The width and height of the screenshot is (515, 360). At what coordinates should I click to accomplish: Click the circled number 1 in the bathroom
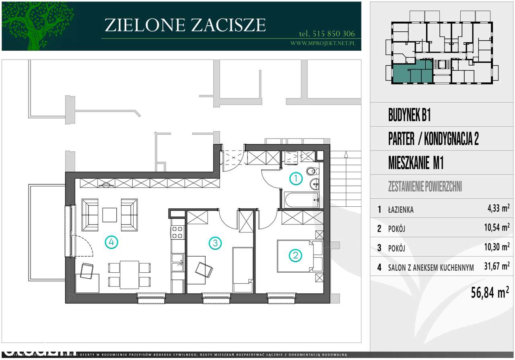pos(296,179)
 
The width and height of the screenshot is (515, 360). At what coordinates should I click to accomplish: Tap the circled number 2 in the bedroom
pos(296,255)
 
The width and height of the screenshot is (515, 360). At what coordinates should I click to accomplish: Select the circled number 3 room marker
pos(215,243)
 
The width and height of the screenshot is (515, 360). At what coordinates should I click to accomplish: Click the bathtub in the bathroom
pos(301,200)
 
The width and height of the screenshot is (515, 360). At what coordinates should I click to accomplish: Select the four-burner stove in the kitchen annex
pos(177,231)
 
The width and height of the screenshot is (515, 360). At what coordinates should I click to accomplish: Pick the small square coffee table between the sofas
pos(109,214)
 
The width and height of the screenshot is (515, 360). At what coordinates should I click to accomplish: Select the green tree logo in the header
pos(38,26)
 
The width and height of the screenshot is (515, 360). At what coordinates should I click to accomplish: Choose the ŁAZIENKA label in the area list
pos(401,210)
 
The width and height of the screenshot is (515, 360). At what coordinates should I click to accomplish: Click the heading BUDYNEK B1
pos(409,116)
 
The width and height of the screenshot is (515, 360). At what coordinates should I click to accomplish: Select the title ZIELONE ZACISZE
pos(185,25)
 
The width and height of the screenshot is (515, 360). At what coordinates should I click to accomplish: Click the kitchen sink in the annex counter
pos(177,262)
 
